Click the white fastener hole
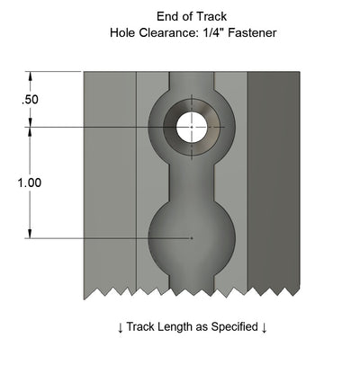[191, 128]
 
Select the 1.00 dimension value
[30, 182]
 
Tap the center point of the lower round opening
[191, 237]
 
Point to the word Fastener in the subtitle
[246, 33]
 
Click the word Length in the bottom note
[178, 326]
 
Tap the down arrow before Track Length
[121, 327]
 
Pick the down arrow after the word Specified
[265, 327]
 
